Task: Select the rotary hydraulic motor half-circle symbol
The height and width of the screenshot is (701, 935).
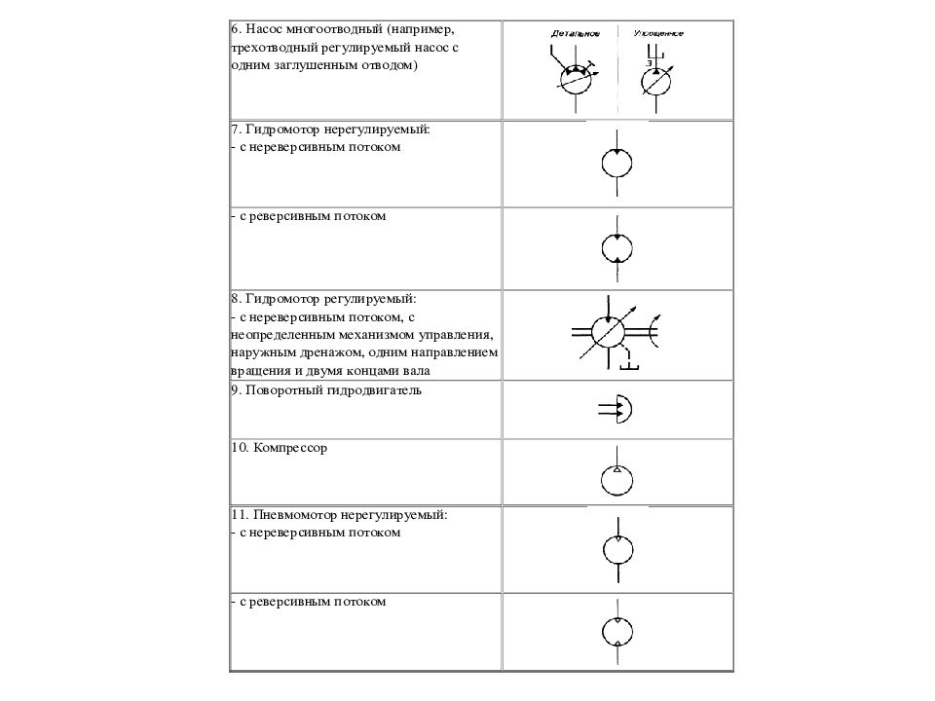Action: point(624,410)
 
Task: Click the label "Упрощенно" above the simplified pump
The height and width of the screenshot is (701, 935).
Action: point(658,34)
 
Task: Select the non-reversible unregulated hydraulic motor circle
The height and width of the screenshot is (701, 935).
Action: point(617,163)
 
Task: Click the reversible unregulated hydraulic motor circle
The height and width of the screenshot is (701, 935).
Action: point(617,249)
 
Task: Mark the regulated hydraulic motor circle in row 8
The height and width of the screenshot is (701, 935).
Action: point(609,333)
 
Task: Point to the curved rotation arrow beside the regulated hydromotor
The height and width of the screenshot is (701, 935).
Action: point(656,332)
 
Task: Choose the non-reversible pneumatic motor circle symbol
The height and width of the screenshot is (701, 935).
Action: point(617,551)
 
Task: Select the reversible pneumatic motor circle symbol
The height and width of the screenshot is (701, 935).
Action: point(617,634)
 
